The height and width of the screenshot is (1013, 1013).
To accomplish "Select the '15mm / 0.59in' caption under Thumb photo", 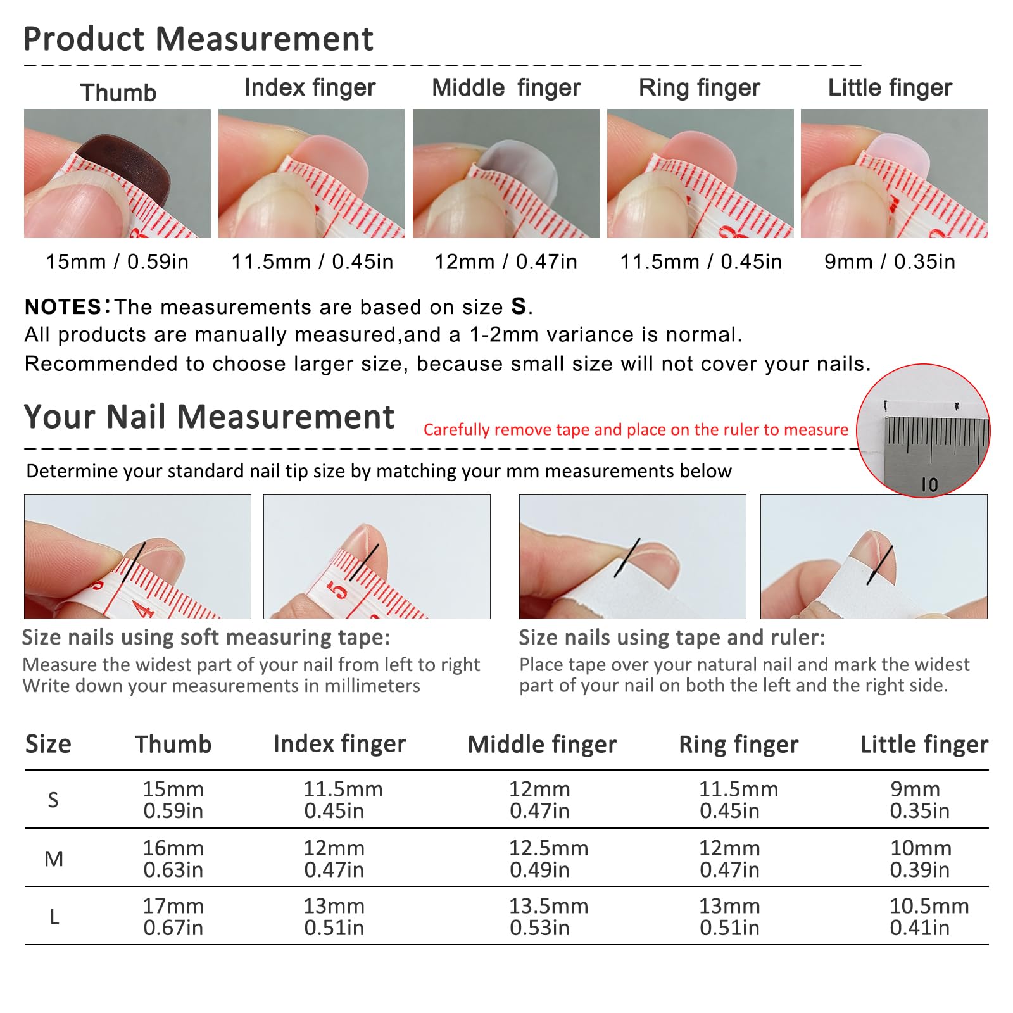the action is point(117,261).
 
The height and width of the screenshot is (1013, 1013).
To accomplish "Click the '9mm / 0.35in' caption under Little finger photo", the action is point(890,261).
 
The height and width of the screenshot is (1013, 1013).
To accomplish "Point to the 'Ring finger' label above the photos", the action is point(699,88).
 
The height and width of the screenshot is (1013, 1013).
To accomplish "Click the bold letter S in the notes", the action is point(519,306).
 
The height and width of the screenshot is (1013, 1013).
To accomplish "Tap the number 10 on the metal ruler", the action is point(929,485).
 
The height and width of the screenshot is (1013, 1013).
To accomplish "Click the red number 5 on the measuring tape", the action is point(338,590).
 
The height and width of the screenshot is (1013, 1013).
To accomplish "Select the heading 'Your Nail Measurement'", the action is point(209,417).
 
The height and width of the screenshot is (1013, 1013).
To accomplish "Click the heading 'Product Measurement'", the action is point(198,39).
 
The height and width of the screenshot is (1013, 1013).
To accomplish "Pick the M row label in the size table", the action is point(54,859).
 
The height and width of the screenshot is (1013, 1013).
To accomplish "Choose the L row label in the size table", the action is point(54,917).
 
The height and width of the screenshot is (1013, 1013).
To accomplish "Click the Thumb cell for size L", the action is point(173,917).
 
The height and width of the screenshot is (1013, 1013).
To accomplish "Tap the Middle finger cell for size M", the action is point(548,859).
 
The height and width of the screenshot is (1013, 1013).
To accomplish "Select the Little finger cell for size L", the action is point(929,917).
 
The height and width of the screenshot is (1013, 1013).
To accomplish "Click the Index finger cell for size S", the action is point(343,800).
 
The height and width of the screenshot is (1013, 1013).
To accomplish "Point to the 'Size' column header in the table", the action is point(48,744).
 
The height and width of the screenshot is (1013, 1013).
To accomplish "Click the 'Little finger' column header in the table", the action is point(924,745).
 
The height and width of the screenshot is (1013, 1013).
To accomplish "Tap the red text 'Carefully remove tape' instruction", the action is point(636,429).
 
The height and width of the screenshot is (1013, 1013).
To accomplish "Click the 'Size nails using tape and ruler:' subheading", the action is point(672,638).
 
